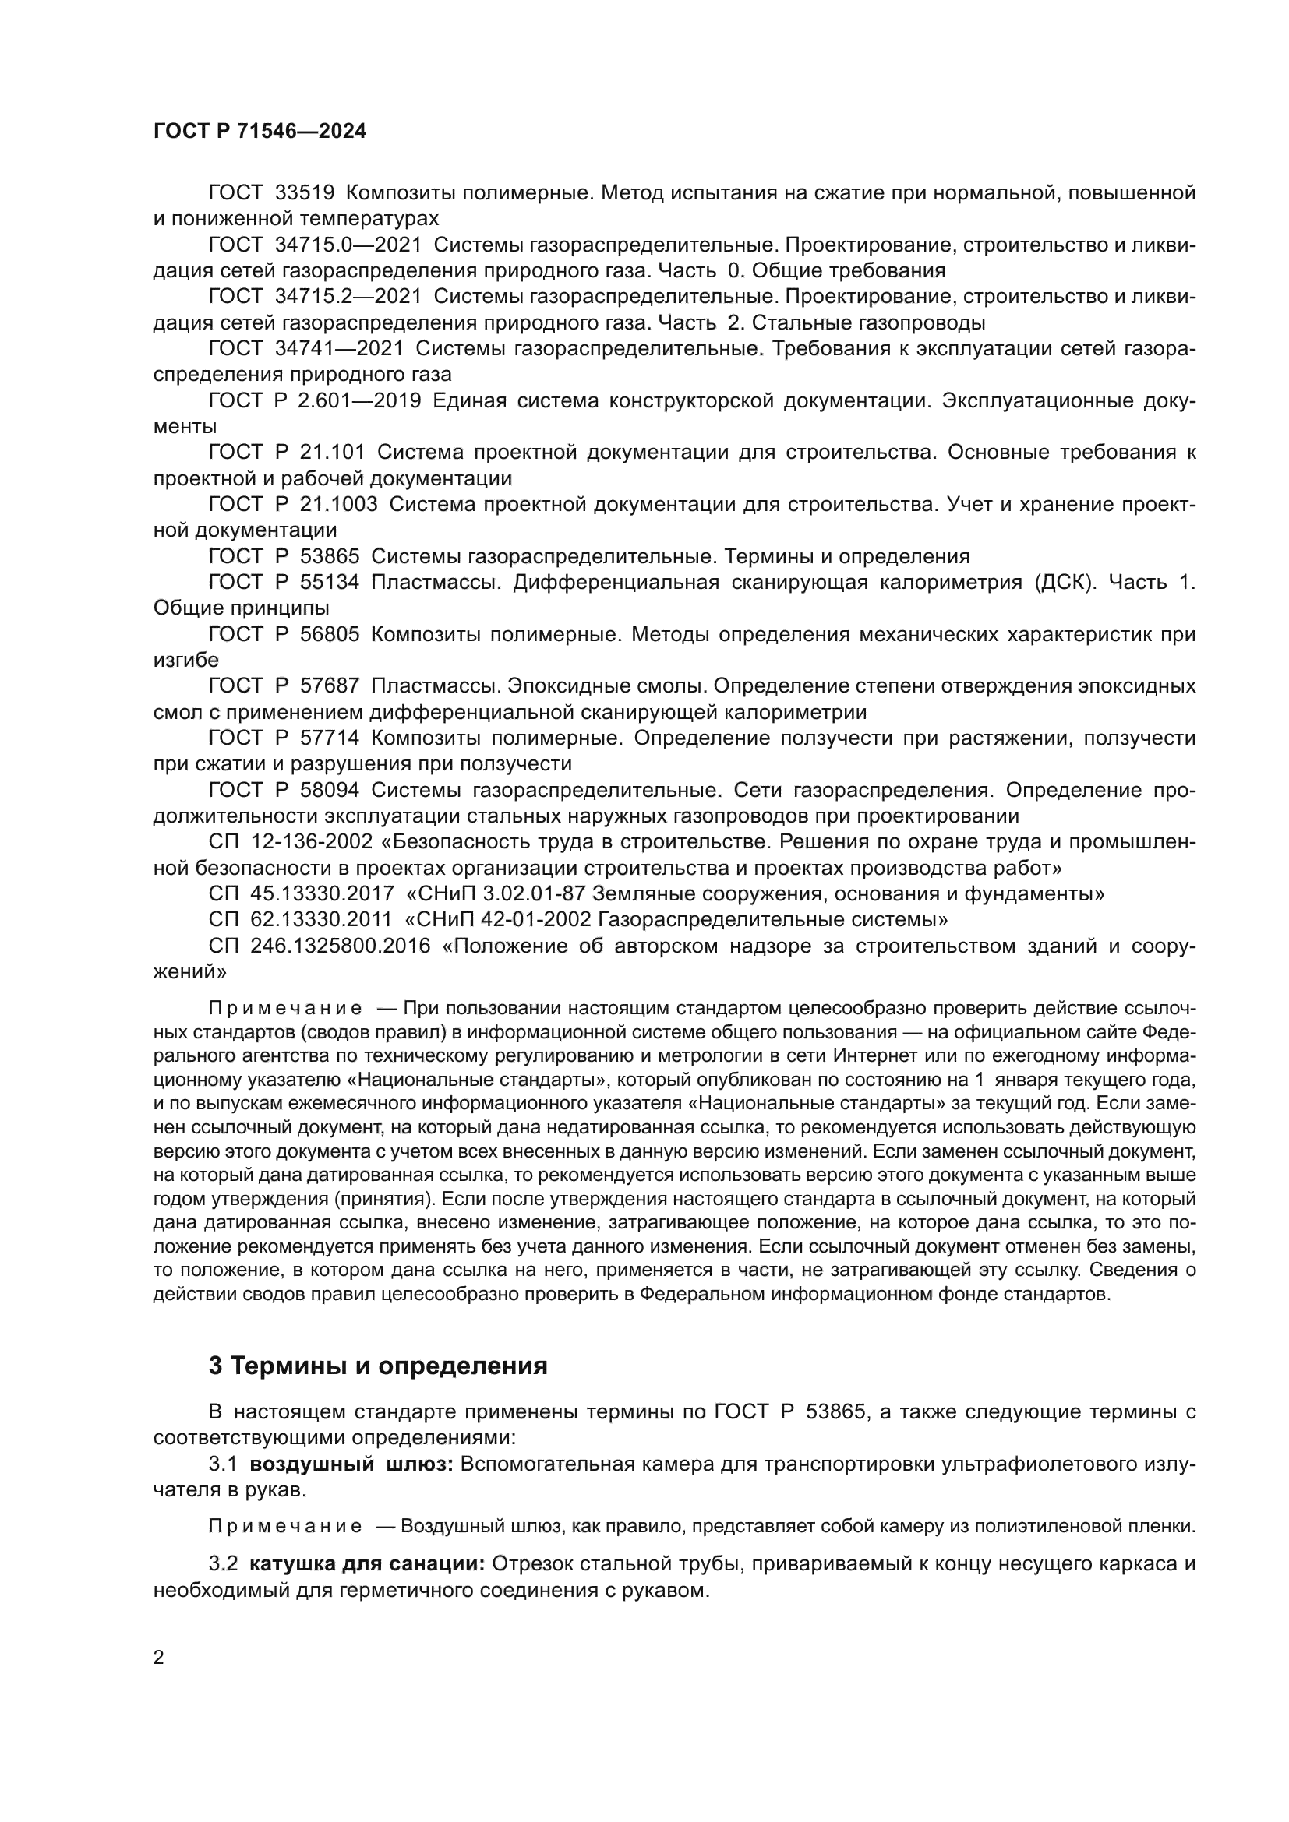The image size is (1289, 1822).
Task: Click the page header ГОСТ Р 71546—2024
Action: [260, 132]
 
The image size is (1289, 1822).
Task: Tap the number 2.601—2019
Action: [359, 400]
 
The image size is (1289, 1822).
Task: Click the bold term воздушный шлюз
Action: [351, 1464]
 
